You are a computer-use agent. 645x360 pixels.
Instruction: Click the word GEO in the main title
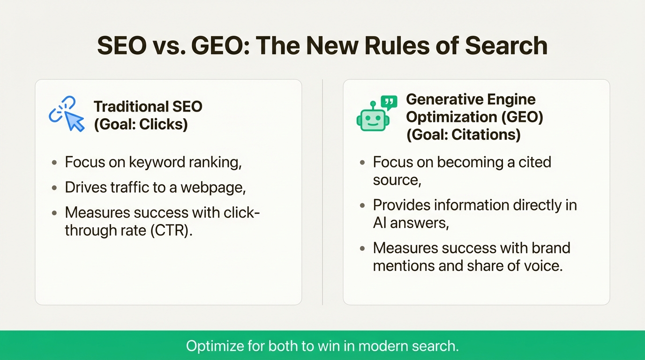(x=220, y=45)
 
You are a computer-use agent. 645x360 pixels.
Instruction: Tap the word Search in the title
(x=506, y=45)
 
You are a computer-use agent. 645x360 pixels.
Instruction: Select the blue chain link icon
(x=61, y=108)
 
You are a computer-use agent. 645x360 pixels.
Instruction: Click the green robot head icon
(x=373, y=119)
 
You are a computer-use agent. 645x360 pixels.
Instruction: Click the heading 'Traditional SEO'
(x=148, y=106)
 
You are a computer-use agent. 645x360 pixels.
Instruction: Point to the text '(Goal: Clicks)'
(x=141, y=124)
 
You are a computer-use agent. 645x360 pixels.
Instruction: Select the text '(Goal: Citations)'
(x=464, y=135)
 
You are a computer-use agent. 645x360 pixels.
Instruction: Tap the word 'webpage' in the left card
(x=212, y=188)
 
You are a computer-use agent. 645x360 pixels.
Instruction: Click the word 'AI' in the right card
(x=380, y=223)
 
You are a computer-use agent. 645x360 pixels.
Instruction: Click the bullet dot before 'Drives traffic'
(x=54, y=188)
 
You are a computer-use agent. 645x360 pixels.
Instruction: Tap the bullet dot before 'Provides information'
(x=362, y=205)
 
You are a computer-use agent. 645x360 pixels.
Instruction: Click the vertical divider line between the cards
(x=322, y=192)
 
